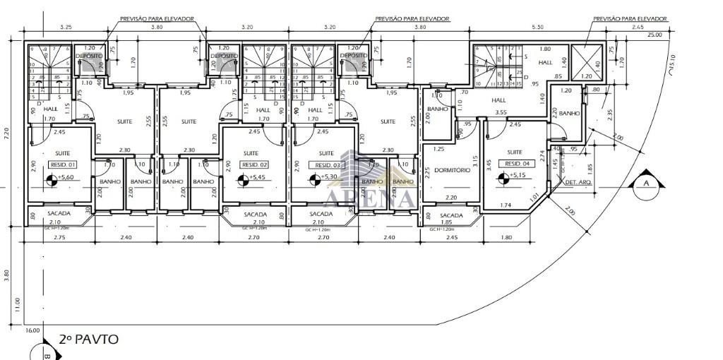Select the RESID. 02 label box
[253, 164]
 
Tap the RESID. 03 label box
[321, 164]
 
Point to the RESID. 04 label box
[512, 163]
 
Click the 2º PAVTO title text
[89, 340]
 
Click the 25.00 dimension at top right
[654, 34]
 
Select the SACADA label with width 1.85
[450, 215]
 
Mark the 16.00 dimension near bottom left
[32, 330]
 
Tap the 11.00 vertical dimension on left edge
[18, 304]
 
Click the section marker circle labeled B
[44, 354]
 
